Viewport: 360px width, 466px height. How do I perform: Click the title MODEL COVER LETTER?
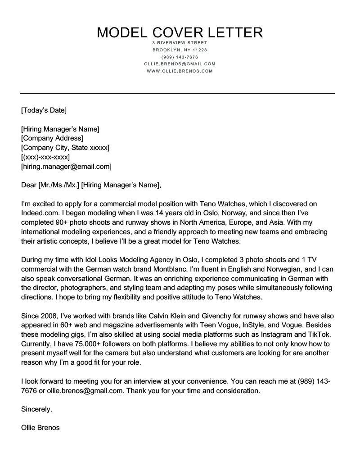180,32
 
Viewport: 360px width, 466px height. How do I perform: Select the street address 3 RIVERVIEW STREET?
180,43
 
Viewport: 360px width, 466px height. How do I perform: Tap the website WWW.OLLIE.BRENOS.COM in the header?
180,71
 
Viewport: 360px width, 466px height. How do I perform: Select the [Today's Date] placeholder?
44,109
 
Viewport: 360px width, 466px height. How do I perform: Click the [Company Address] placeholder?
52,138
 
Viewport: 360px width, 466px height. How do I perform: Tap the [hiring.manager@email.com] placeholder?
66,167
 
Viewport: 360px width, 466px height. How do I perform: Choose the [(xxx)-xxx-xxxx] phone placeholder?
45,157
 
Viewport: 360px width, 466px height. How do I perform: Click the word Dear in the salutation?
29,185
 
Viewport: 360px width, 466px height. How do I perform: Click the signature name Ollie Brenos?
40,428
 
